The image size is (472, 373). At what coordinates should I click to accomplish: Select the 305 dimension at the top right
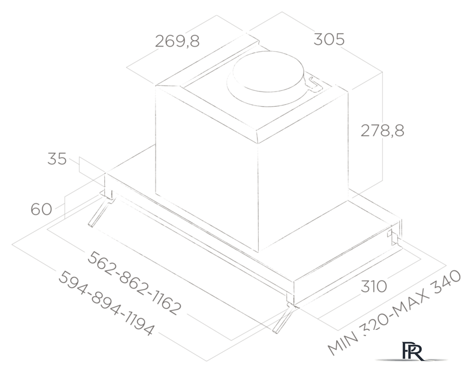pos(329,39)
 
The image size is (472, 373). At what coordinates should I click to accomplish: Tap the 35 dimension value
pos(57,159)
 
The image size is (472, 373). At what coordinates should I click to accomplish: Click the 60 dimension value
pos(41,209)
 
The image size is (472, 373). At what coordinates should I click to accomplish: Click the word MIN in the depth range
pos(341,343)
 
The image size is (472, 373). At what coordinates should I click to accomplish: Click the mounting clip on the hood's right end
pos(393,235)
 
